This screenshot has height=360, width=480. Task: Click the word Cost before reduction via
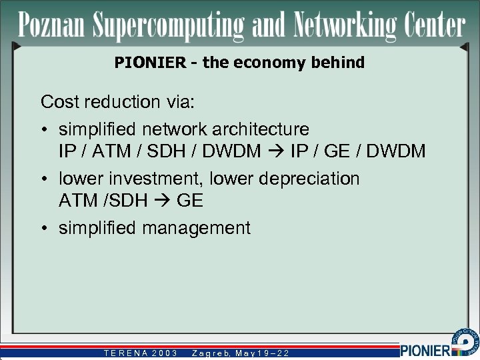point(58,102)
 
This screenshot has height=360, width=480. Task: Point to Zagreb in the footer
point(212,353)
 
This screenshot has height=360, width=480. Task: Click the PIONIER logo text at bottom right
point(426,349)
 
